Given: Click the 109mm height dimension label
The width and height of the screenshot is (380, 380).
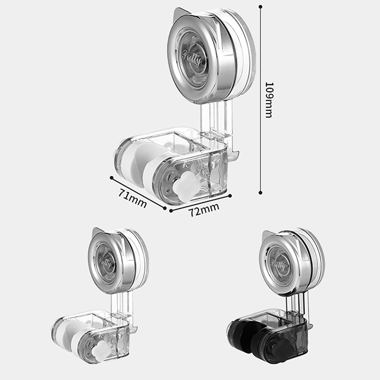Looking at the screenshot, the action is pos(269,100).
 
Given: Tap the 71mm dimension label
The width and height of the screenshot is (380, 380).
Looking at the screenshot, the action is pos(133,199).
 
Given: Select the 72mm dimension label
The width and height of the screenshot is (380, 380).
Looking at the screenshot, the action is pos(204,209).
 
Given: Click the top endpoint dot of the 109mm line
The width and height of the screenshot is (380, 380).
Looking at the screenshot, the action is pos(260,7).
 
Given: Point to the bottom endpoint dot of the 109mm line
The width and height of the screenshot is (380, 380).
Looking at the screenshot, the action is pos(260,193).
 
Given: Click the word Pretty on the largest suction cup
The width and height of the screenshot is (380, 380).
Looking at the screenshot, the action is pos(192,58).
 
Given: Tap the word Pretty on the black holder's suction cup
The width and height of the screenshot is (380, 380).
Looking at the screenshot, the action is pos(278,265).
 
